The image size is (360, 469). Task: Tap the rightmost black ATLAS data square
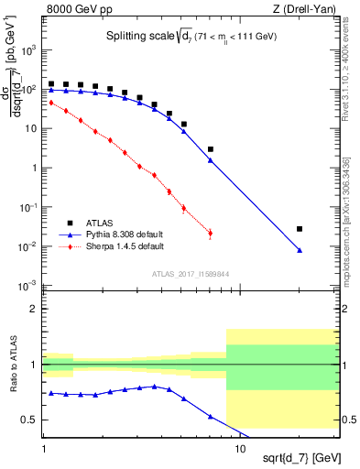[x=300, y=229]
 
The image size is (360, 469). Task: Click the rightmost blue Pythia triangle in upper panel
[x=300, y=250]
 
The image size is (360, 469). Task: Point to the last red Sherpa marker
[x=210, y=234]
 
